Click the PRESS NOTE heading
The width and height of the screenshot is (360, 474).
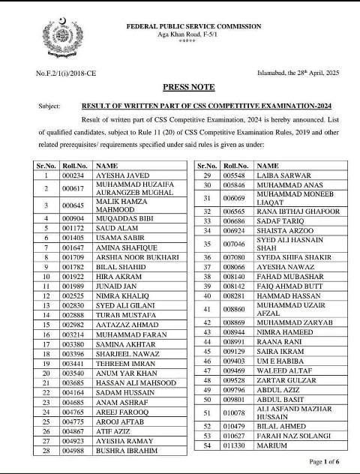pos(179,87)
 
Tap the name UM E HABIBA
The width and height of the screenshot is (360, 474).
pos(280,360)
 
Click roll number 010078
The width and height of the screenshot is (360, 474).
pos(235,412)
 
